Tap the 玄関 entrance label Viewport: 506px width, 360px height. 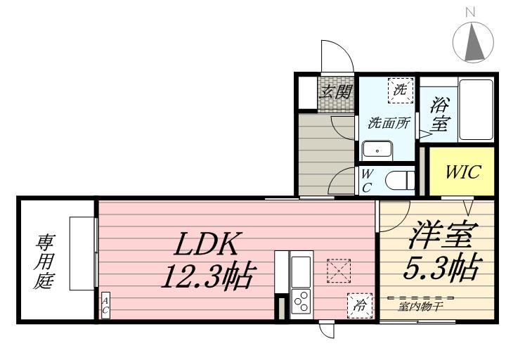click(x=336, y=91)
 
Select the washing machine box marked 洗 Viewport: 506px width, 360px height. click(x=401, y=91)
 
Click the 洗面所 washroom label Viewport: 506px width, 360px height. click(x=389, y=122)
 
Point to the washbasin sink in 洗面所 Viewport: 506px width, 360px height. click(x=377, y=150)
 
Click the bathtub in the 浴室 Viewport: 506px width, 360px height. click(x=476, y=109)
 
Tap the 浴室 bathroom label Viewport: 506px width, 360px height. click(x=439, y=115)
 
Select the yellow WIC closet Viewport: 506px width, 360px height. click(x=461, y=171)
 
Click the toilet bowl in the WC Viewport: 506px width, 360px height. click(x=401, y=181)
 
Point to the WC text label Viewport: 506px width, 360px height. click(x=367, y=181)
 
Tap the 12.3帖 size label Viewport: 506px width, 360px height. click(x=207, y=276)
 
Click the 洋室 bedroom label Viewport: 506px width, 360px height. click(x=443, y=235)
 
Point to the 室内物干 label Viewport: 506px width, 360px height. click(x=420, y=306)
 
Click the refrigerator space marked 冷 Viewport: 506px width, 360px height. click(x=360, y=305)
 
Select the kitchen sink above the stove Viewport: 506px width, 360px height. click(x=301, y=271)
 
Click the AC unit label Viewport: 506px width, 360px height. click(x=105, y=305)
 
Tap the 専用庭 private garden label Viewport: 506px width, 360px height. click(x=44, y=262)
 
